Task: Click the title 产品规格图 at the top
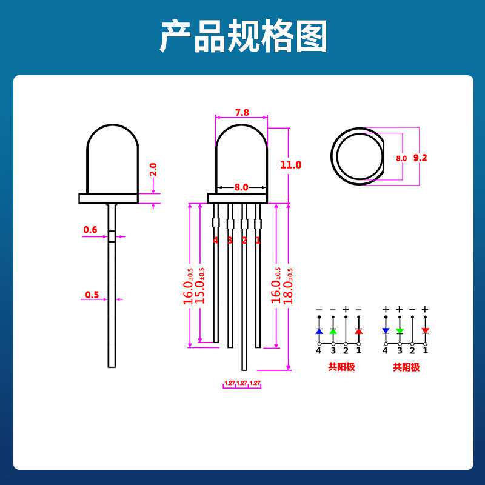tap(243, 36)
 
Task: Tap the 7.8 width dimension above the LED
tap(242, 112)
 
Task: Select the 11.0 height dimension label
tap(290, 164)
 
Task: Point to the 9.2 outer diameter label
tap(420, 158)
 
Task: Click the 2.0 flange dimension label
tap(153, 169)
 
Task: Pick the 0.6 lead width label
tap(90, 230)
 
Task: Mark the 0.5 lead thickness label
tap(92, 295)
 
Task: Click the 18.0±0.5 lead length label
tap(289, 286)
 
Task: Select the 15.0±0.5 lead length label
tap(200, 286)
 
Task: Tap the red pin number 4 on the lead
tap(215, 240)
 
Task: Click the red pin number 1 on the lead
tap(258, 240)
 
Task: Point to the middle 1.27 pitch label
tap(242, 383)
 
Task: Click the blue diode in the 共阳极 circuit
tap(319, 332)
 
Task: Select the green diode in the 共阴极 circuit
tap(400, 330)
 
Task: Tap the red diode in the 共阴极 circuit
tap(425, 330)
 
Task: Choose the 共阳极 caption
tap(341, 367)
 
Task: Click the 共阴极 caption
tap(406, 367)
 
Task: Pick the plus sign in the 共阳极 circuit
tap(346, 309)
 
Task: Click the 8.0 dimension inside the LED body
tap(241, 187)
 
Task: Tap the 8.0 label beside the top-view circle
tap(401, 158)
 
